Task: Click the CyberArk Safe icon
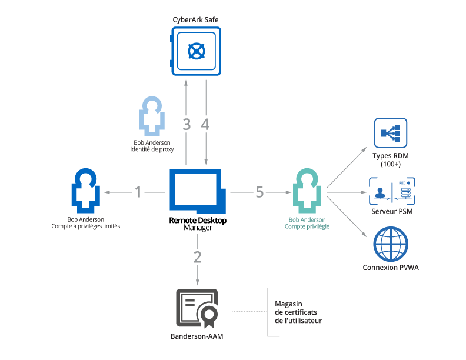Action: pyautogui.click(x=196, y=51)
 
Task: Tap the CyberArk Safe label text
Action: pyautogui.click(x=196, y=19)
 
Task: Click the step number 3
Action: pyautogui.click(x=187, y=124)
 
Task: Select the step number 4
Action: pyautogui.click(x=205, y=124)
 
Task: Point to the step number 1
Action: pyautogui.click(x=138, y=192)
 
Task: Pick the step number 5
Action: pyautogui.click(x=259, y=192)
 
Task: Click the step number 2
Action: pyautogui.click(x=197, y=256)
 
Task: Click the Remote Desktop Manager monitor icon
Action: pyautogui.click(x=197, y=191)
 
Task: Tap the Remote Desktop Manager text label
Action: pyautogui.click(x=197, y=224)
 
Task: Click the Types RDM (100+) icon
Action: pyautogui.click(x=391, y=134)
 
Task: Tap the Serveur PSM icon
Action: pyautogui.click(x=391, y=191)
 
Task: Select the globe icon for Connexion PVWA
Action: pyautogui.click(x=391, y=245)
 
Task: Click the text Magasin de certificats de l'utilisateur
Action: pyautogui.click(x=298, y=312)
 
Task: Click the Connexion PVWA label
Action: pyautogui.click(x=391, y=269)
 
